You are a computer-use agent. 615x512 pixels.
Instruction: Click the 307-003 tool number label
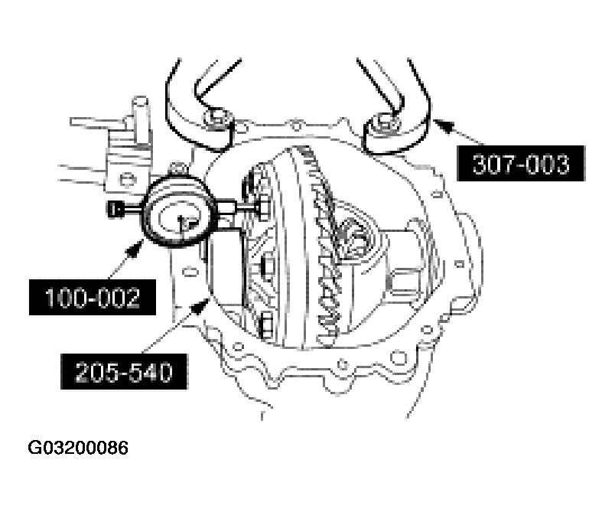coord(522,163)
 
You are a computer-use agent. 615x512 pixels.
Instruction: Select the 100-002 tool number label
coord(92,297)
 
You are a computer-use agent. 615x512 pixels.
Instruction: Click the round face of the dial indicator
coord(177,217)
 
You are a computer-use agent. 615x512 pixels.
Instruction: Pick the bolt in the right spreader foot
coord(384,122)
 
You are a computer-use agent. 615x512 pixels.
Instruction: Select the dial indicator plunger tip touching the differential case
coord(263,205)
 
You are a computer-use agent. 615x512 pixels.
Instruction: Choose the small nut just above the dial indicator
coord(179,168)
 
